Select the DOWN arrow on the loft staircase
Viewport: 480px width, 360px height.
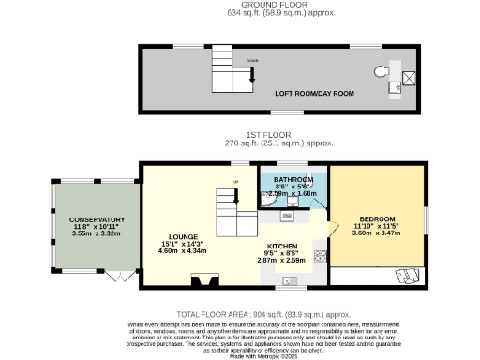pos(251,82)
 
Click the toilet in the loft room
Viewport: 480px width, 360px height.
pos(382,72)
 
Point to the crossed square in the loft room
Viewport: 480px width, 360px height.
pos(410,76)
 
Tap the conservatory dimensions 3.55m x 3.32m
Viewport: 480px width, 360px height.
pos(97,232)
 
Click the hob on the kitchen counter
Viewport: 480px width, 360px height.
pos(322,254)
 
